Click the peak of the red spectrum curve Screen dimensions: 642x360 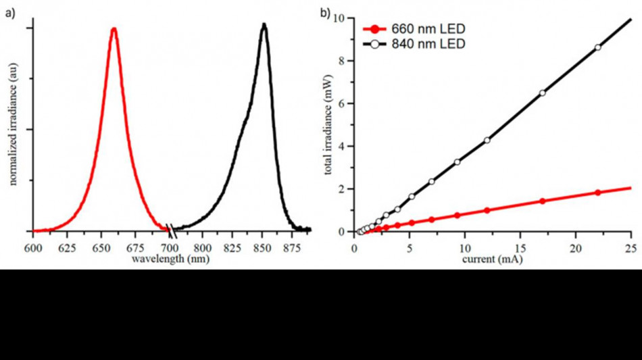114,28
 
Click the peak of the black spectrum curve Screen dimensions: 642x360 264,24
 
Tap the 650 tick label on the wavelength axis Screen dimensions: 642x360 101,249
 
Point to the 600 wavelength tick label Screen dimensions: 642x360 33,249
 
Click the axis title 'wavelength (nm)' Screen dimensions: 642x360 170,259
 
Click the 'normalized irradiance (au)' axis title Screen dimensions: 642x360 13,124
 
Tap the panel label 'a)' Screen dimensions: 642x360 10,13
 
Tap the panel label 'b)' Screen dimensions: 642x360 325,13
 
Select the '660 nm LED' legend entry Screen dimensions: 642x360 414,29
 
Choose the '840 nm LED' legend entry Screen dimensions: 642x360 414,44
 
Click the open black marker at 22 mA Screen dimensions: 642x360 598,47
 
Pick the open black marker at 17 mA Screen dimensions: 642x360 543,93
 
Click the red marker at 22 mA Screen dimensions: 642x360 598,192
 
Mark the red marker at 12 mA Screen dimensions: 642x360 487,211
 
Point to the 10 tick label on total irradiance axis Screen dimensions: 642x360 339,18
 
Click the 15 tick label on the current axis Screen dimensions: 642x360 520,249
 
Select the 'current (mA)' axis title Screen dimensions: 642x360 492,259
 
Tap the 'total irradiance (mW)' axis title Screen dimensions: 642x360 328,125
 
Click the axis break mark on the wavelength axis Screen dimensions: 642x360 171,231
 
